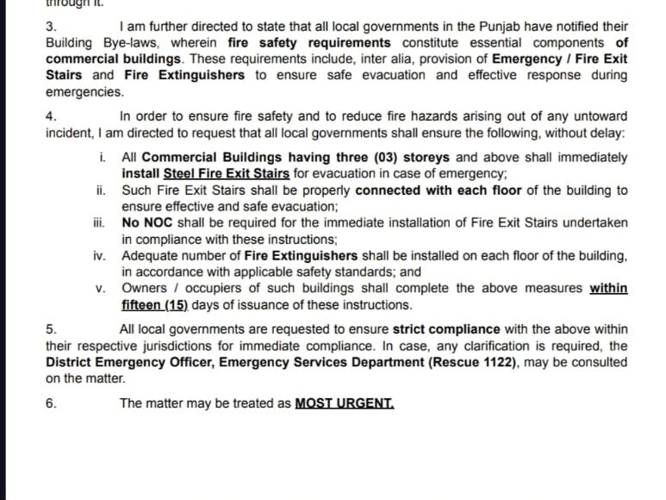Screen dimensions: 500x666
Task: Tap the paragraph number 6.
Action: (50, 403)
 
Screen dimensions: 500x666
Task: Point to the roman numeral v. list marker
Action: (101, 288)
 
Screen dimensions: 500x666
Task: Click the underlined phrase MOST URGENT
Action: (344, 403)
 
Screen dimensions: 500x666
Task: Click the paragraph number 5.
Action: (50, 329)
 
